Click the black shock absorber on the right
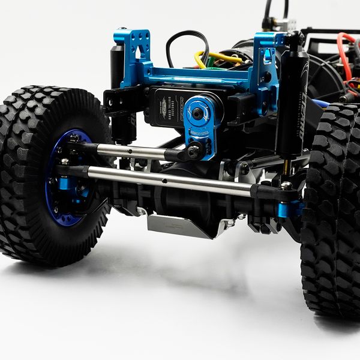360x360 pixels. pyautogui.click(x=292, y=105)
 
